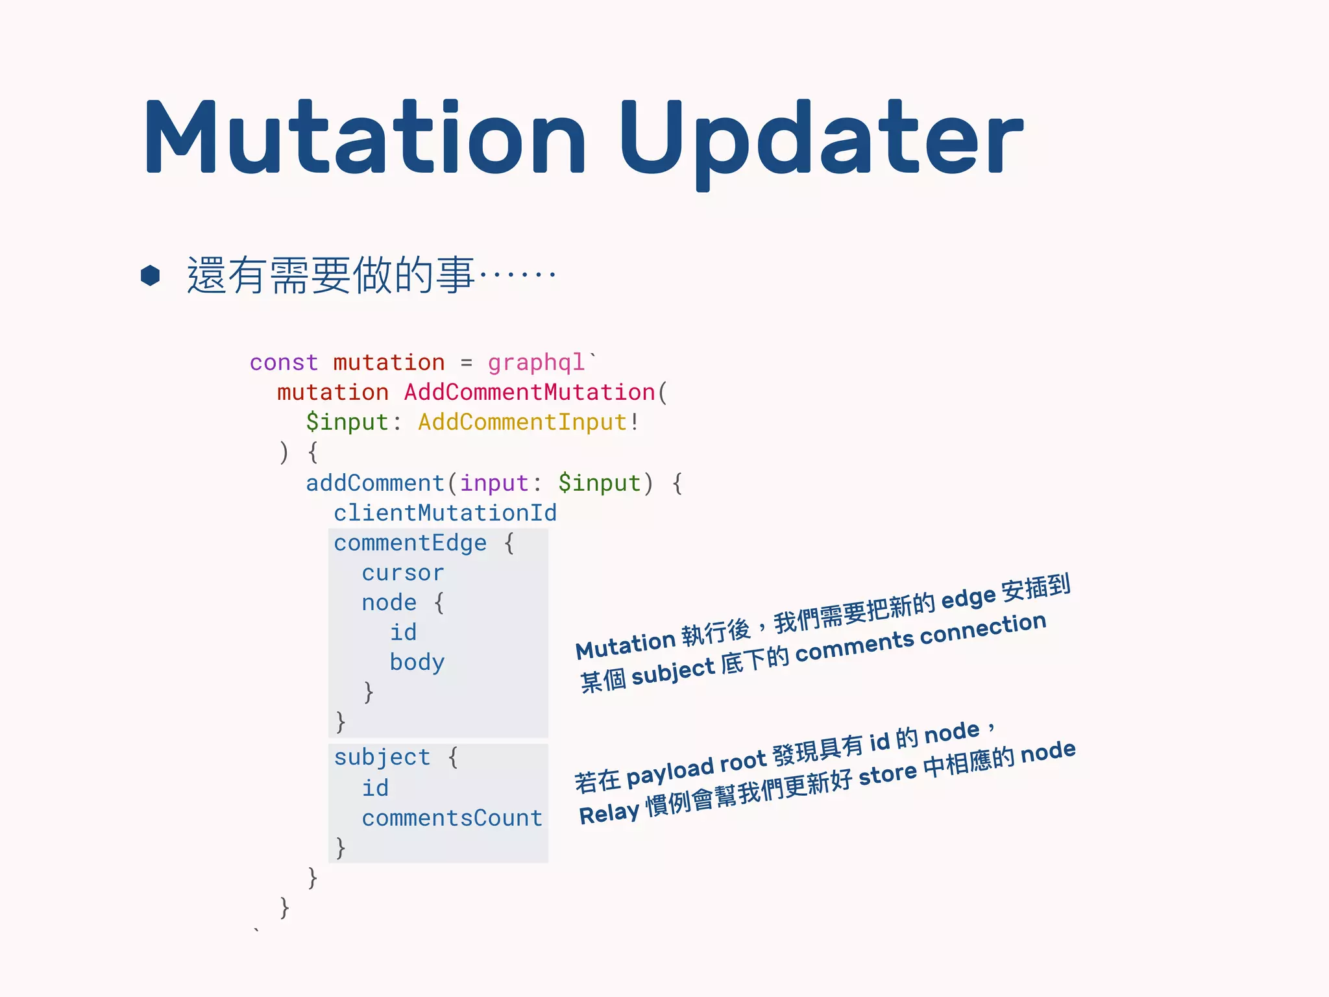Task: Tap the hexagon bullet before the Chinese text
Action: pyautogui.click(x=151, y=275)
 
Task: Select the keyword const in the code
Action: pyautogui.click(x=284, y=362)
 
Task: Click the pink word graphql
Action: pyautogui.click(x=537, y=362)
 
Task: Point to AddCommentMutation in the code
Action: pyautogui.click(x=529, y=393)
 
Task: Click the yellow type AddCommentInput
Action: pyautogui.click(x=522, y=423)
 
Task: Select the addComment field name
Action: pyautogui.click(x=374, y=484)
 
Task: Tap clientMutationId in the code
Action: pyautogui.click(x=445, y=513)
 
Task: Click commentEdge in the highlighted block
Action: pyautogui.click(x=410, y=543)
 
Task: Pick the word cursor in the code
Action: pyautogui.click(x=403, y=573)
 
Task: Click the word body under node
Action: pyautogui.click(x=417, y=663)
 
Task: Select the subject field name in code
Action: pyautogui.click(x=382, y=757)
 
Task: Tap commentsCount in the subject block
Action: pyautogui.click(x=452, y=819)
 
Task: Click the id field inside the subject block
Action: pyautogui.click(x=375, y=789)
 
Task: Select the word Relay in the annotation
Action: pyautogui.click(x=609, y=814)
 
